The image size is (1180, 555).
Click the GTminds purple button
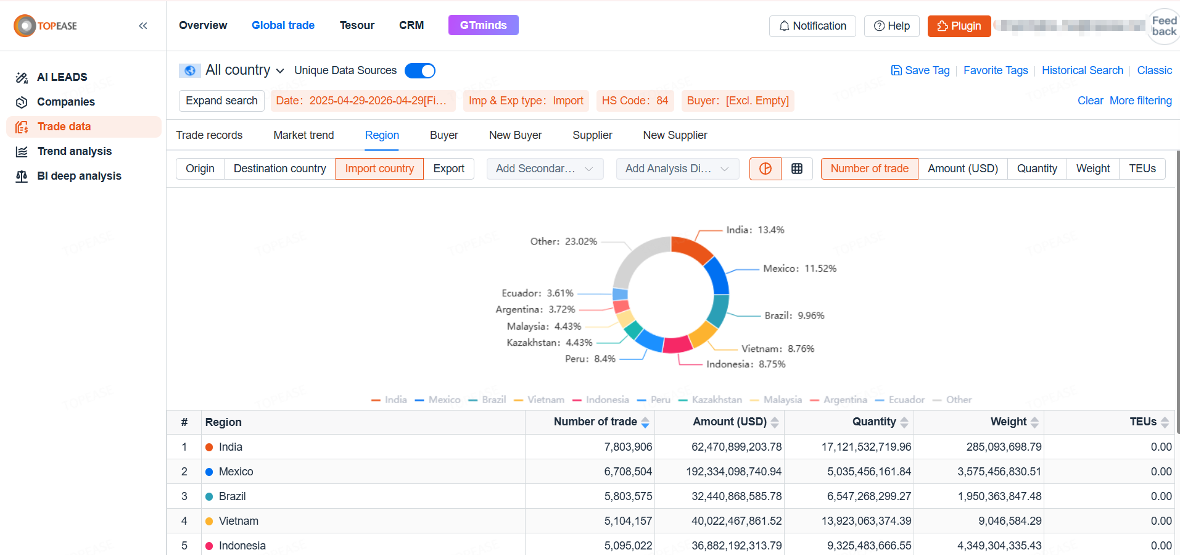(x=483, y=25)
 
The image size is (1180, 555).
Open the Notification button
(x=812, y=26)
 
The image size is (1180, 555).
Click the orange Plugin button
(x=959, y=26)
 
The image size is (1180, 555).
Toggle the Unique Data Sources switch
(x=420, y=70)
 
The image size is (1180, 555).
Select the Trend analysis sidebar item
(x=74, y=151)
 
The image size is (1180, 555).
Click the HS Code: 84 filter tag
(x=635, y=101)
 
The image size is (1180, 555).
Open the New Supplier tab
(x=675, y=135)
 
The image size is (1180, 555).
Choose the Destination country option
(x=279, y=169)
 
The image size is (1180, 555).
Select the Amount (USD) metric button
(x=962, y=169)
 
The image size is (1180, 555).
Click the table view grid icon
(x=797, y=169)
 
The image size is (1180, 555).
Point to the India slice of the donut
(x=692, y=248)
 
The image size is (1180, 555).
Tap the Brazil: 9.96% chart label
(x=794, y=315)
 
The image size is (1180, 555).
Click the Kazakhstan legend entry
(x=716, y=399)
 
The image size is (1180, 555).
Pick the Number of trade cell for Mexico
(x=627, y=472)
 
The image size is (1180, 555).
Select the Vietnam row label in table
(x=238, y=521)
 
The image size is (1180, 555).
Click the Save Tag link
(x=920, y=70)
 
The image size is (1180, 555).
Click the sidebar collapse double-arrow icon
(x=143, y=26)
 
